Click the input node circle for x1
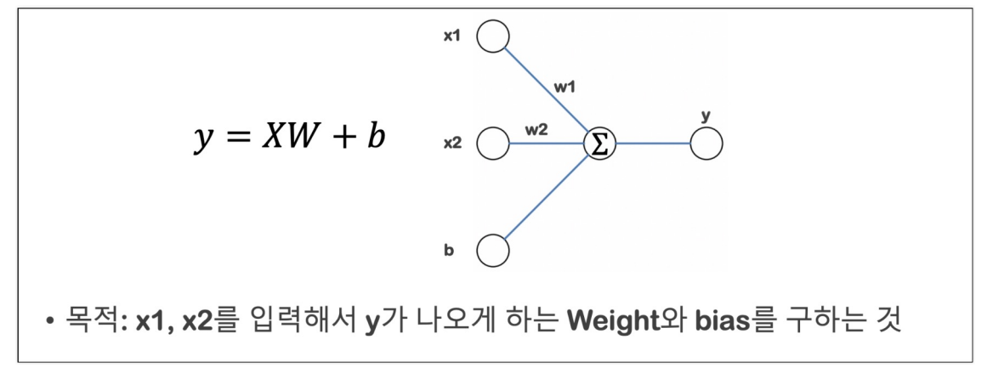pyautogui.click(x=493, y=37)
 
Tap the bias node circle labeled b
pyautogui.click(x=493, y=252)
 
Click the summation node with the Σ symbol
pyautogui.click(x=599, y=144)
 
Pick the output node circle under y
pyautogui.click(x=706, y=144)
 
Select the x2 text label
pyautogui.click(x=453, y=144)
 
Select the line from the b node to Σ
pyautogui.click(x=548, y=196)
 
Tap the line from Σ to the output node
pyautogui.click(x=653, y=144)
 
